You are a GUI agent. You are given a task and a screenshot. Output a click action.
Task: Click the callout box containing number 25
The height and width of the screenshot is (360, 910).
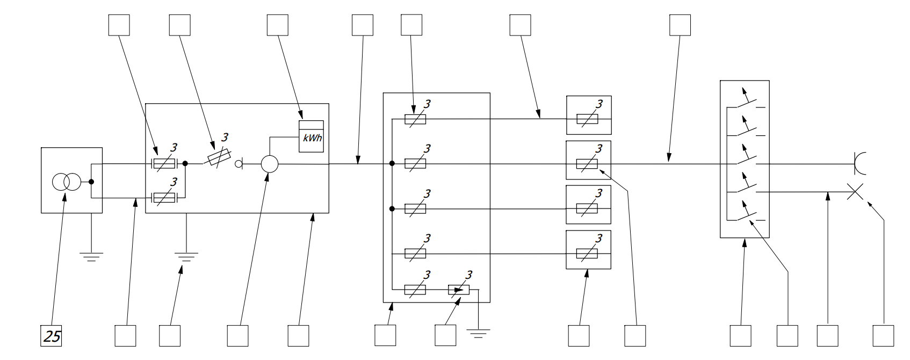[52, 336]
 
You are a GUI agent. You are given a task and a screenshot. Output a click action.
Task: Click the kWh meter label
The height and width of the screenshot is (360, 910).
[312, 138]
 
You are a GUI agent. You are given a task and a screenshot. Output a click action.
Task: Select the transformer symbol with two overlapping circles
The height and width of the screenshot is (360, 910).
[66, 183]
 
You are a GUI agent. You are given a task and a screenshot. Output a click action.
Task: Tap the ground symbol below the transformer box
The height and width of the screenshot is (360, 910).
[91, 256]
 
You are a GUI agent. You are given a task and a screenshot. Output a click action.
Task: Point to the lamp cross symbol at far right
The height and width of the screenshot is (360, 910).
[855, 192]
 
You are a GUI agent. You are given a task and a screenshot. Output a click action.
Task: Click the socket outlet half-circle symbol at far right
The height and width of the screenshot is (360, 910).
[860, 163]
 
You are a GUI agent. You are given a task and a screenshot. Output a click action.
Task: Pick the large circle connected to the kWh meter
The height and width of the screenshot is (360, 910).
[270, 164]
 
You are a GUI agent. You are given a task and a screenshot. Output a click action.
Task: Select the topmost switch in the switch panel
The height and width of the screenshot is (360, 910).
[747, 102]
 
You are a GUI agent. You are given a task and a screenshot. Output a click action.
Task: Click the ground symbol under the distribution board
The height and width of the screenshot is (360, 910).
[478, 334]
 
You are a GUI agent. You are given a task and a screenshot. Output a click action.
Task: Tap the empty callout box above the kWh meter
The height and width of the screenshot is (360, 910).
[277, 25]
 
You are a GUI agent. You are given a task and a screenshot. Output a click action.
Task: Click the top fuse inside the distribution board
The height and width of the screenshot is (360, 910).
[415, 119]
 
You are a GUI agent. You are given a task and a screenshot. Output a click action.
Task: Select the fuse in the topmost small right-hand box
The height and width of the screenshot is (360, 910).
[587, 119]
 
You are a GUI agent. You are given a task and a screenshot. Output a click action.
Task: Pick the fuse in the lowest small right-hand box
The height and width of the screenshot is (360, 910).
[587, 253]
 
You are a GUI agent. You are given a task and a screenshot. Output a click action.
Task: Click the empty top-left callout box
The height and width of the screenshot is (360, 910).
[119, 25]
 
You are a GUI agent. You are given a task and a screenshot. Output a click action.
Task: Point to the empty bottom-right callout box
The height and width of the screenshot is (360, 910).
[883, 336]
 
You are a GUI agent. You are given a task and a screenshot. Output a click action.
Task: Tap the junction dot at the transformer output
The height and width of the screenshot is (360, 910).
[91, 182]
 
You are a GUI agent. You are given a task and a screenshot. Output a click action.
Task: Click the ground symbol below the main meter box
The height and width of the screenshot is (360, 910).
[186, 256]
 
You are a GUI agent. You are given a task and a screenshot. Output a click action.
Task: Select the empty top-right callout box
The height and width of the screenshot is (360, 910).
[680, 25]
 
